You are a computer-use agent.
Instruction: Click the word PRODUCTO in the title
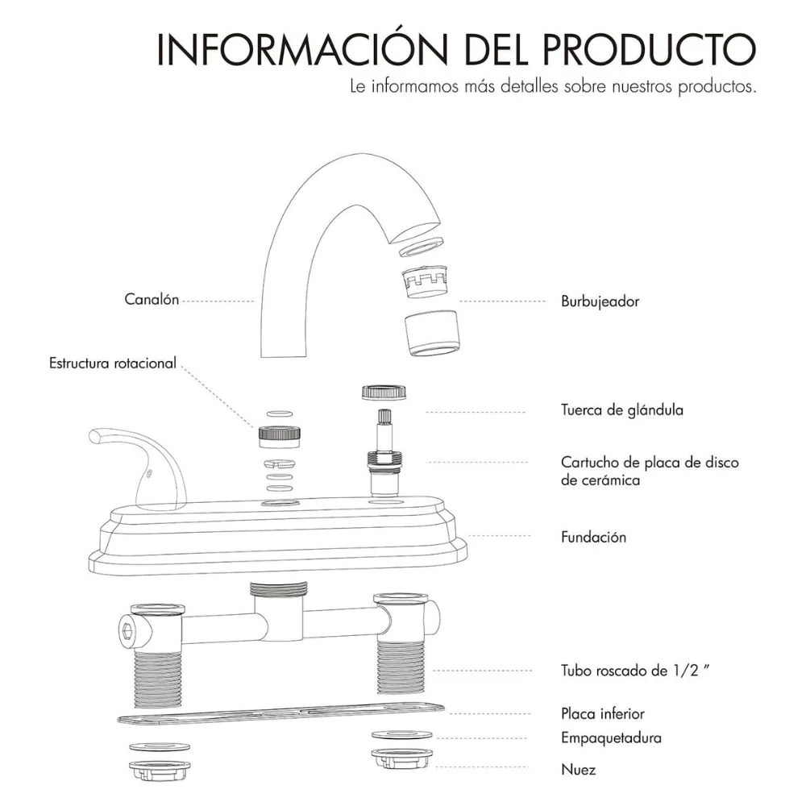point(649,50)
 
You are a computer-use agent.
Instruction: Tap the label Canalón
point(152,299)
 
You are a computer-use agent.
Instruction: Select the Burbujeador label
point(600,301)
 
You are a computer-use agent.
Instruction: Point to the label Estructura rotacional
point(113,364)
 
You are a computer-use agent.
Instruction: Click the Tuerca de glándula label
point(622,410)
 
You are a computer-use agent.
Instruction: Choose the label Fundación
point(594,537)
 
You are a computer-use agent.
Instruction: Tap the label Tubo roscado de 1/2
point(635,671)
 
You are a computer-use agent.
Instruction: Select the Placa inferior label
point(602,713)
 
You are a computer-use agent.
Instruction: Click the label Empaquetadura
point(611,738)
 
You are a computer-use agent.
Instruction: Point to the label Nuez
point(578,770)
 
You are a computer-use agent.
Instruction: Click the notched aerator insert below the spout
point(424,281)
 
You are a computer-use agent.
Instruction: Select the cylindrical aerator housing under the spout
point(432,333)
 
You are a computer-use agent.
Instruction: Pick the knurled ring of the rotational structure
point(280,434)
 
